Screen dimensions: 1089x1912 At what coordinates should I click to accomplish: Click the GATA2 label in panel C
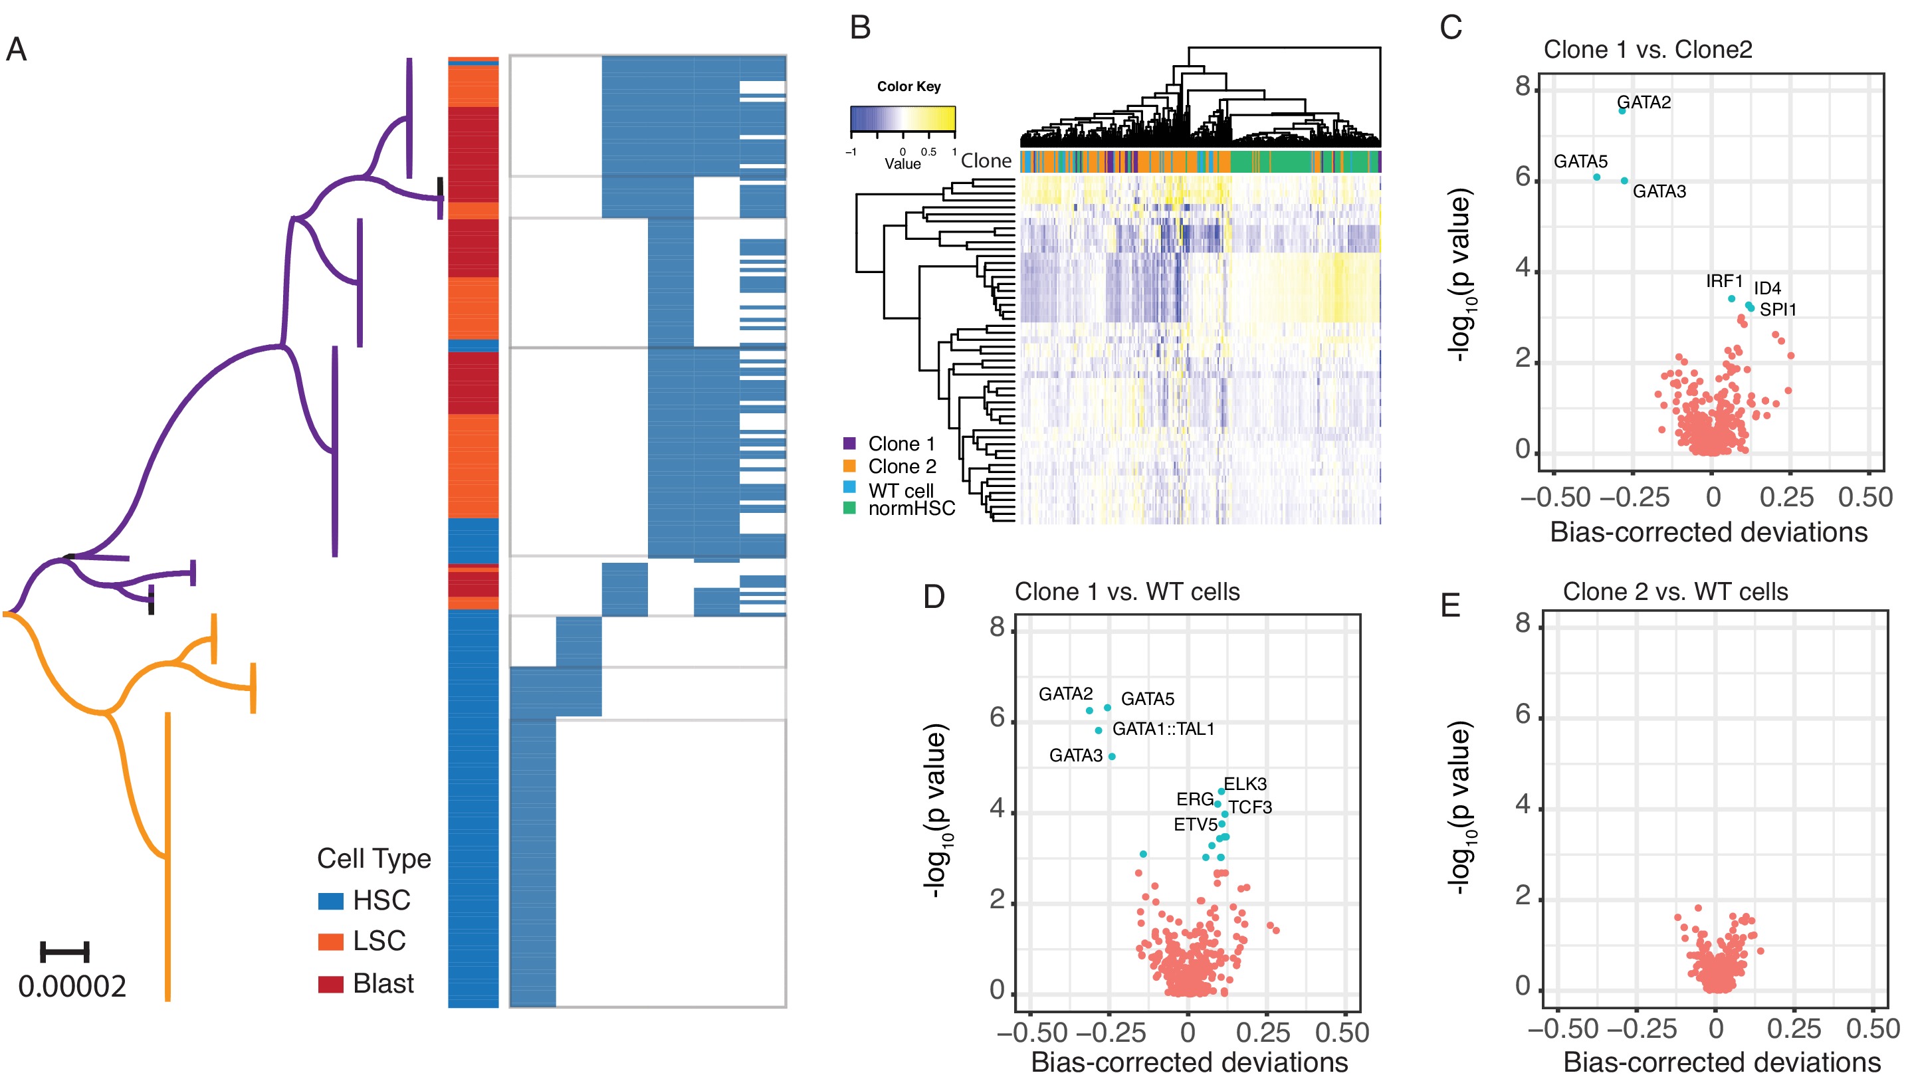(1644, 102)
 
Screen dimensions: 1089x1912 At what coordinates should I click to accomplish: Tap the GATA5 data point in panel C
(1596, 177)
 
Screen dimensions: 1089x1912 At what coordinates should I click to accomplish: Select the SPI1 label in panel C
(1777, 309)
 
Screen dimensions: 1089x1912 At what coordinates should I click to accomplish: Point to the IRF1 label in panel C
(1723, 281)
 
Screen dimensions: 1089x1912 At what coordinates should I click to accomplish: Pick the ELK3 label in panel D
(1245, 784)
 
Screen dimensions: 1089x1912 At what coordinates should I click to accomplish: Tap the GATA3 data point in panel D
(1112, 756)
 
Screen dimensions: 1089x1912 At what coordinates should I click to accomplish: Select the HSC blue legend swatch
(331, 900)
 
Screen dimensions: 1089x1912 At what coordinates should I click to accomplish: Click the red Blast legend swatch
(331, 984)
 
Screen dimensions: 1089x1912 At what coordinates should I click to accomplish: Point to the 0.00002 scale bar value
(72, 987)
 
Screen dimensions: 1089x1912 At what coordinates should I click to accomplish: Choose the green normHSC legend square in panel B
(849, 508)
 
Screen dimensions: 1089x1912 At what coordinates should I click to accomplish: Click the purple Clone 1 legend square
(849, 444)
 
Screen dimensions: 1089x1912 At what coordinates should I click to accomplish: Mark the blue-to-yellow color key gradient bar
(902, 119)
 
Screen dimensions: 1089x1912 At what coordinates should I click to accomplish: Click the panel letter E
(1451, 605)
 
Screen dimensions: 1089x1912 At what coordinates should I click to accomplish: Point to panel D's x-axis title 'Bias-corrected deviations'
(1189, 1062)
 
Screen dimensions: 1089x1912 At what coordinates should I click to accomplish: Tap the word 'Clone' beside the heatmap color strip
(986, 161)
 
